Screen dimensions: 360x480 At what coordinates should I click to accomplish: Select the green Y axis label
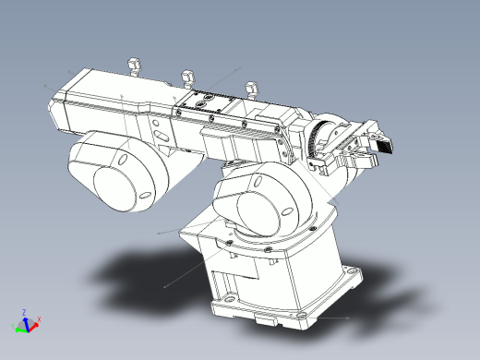(x=13, y=327)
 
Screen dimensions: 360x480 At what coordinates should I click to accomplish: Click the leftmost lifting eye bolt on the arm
(x=132, y=64)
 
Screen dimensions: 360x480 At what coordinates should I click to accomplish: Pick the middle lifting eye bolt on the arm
(x=187, y=75)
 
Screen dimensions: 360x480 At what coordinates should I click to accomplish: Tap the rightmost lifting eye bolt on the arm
(x=249, y=89)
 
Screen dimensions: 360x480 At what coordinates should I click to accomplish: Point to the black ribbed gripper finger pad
(x=383, y=144)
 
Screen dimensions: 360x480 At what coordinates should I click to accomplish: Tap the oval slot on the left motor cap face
(x=144, y=195)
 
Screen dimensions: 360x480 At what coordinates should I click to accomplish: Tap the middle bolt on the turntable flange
(x=267, y=249)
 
